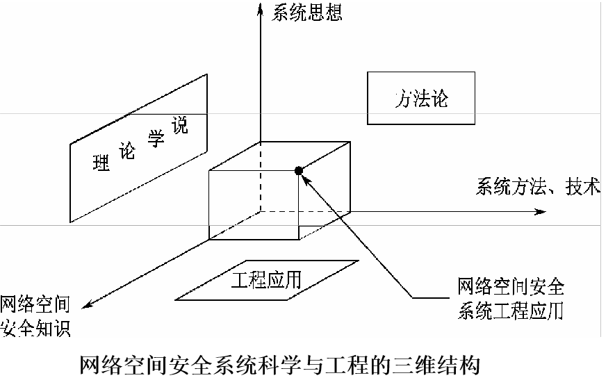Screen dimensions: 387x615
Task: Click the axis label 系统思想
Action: coord(306,13)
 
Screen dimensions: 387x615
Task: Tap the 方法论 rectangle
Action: coord(421,98)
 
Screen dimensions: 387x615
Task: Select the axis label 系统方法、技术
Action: coord(537,187)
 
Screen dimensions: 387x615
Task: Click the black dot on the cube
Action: coord(299,170)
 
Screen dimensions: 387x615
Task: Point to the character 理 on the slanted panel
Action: coord(101,164)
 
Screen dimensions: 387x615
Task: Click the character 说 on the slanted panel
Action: coord(179,129)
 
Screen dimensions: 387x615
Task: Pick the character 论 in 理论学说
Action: coord(128,151)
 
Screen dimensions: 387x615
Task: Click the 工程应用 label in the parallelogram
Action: coord(266,280)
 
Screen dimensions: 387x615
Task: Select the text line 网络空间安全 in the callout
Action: coord(511,286)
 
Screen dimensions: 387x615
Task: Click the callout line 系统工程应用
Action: coord(511,311)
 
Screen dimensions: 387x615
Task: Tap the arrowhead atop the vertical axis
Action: coord(260,8)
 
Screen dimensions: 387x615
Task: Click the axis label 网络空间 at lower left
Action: coord(35,304)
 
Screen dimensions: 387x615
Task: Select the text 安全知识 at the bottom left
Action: coord(35,328)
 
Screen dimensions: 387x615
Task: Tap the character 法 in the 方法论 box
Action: coord(421,98)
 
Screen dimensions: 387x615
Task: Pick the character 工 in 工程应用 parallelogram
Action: coord(239,280)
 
